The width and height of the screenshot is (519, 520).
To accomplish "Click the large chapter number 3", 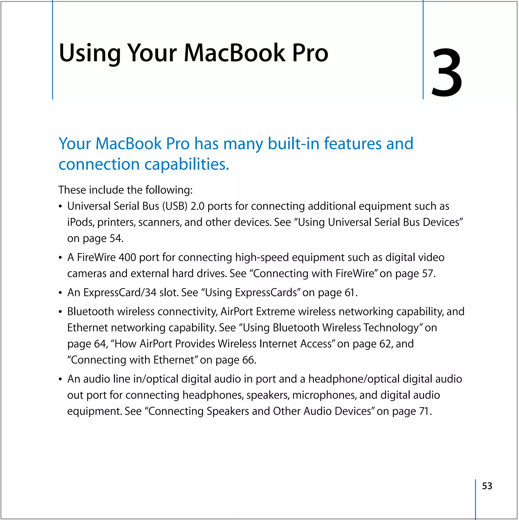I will click(447, 73).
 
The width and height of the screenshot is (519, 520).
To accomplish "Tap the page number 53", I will click(487, 486).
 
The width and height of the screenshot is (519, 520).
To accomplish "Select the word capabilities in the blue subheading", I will click(187, 164).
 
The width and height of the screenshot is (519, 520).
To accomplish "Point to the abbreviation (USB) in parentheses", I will click(175, 206).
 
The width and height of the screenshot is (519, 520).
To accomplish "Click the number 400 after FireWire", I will click(127, 257).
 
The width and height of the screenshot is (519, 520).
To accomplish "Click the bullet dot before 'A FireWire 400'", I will click(60, 258).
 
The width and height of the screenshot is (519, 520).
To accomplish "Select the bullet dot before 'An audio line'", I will click(60, 379).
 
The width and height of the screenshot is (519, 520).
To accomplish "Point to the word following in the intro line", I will click(169, 190).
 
